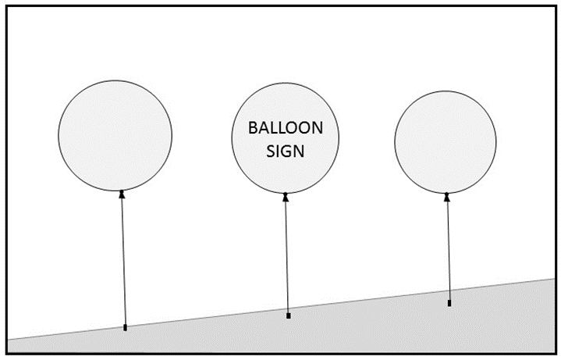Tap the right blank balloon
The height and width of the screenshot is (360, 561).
coord(446,141)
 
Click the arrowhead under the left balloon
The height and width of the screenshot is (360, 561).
coord(122,194)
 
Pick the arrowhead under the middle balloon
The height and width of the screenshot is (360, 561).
coord(286,197)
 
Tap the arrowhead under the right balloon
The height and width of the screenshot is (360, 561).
coord(446,197)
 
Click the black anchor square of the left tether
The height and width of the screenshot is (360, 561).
coord(125,327)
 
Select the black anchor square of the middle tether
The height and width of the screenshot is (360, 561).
coord(289,315)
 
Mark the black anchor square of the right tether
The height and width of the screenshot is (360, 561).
coord(449,302)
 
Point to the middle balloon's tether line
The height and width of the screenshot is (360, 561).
coord(287,258)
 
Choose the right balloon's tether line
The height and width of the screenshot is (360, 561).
coord(448,250)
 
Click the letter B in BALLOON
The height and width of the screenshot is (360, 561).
coord(252,128)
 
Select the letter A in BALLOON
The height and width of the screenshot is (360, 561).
coord(263,128)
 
